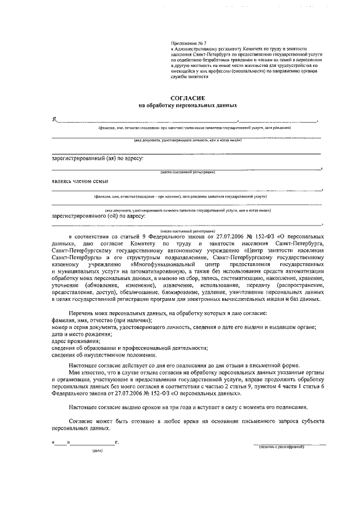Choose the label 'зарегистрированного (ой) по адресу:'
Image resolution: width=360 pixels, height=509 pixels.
98,215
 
